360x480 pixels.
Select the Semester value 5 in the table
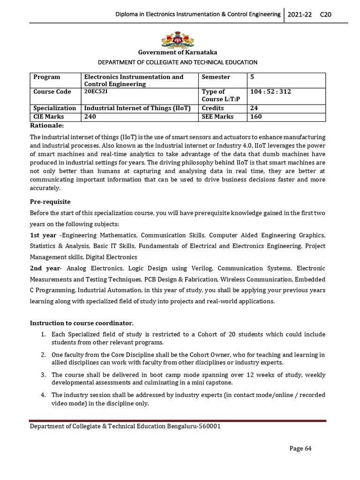coord(253,76)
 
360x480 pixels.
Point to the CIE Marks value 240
coord(90,116)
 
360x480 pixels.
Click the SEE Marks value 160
coord(256,116)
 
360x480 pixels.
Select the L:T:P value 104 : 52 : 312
coord(270,91)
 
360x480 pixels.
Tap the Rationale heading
coord(47,125)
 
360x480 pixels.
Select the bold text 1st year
coord(43,235)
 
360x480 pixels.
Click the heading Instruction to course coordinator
coord(82,323)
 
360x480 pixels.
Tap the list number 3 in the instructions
coord(43,375)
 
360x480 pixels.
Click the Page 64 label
coord(300,449)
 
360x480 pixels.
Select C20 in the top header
coord(325,15)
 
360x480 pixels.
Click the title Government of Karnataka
coord(177,52)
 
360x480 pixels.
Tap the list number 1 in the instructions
coord(43,334)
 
